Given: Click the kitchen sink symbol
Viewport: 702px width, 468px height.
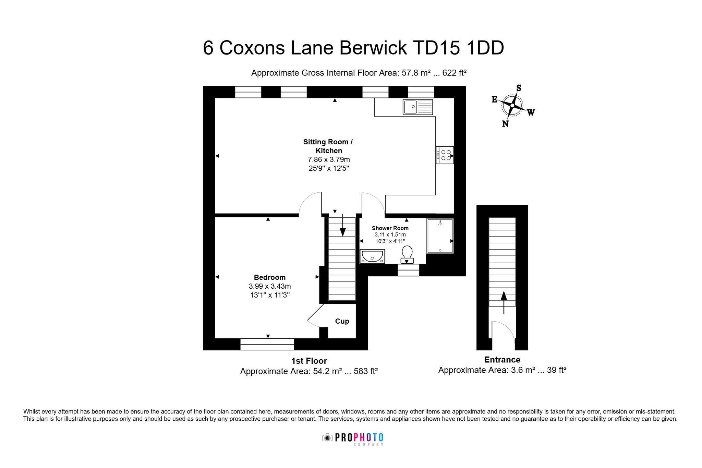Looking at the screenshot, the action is [x=417, y=107].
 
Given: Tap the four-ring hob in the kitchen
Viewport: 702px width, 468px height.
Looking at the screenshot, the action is [x=445, y=155].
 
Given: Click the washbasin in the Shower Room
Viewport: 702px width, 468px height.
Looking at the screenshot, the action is [x=372, y=256].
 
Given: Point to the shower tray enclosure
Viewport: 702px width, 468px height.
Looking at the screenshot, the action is [x=440, y=236].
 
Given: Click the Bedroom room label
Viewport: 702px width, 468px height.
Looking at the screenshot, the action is [x=270, y=277].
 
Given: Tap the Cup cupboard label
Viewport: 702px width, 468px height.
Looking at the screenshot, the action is [x=342, y=321].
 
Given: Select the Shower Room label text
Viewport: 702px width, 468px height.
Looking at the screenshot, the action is [x=390, y=228].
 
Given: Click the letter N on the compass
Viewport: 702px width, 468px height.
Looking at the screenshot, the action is [x=505, y=124].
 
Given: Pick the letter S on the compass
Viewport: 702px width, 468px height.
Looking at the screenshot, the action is [x=519, y=88].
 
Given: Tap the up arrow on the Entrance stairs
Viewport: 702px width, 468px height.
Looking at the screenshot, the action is [x=504, y=302].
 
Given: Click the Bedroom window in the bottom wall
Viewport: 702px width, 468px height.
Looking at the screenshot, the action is [x=267, y=344].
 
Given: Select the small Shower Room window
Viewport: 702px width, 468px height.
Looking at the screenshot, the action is [x=408, y=270].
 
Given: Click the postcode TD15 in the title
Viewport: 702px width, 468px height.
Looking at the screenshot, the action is [x=436, y=48].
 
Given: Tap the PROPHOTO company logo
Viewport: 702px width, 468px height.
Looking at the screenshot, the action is [x=353, y=439].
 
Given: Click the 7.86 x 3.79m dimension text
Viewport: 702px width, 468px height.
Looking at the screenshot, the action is [x=329, y=159].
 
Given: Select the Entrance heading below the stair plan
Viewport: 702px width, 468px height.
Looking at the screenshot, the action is [x=502, y=360].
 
